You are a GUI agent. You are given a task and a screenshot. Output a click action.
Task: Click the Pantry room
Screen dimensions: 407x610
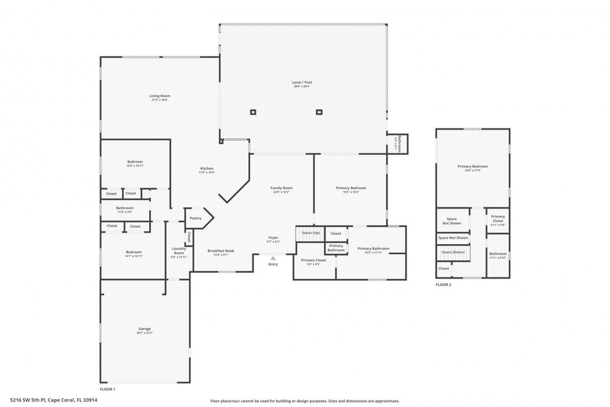coord(197,218)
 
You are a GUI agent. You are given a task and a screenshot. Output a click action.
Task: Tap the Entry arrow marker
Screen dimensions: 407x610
coord(273,258)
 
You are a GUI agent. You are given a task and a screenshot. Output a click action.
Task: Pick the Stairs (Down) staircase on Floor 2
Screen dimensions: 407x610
coord(453,253)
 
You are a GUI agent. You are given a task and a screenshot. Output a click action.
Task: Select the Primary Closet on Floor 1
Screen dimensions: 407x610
coord(313,261)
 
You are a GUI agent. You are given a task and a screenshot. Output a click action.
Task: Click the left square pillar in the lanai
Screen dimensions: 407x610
coord(252,112)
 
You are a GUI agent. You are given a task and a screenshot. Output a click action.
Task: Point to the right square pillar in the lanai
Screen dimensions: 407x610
coord(319,112)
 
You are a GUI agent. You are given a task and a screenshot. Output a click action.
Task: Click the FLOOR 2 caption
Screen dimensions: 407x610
coord(443,285)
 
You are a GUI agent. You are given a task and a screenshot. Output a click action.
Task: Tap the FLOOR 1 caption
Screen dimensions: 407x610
coord(107,389)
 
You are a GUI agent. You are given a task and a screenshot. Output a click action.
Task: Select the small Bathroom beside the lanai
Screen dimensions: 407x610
coord(398,144)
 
